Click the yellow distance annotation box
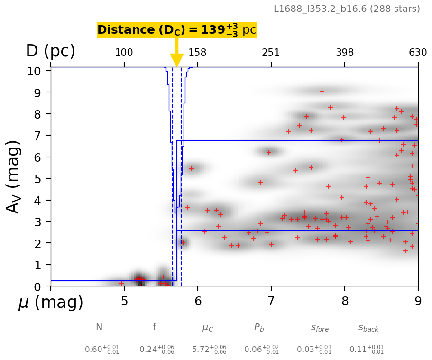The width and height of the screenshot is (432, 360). coord(176,30)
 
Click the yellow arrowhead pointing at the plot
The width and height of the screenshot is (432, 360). coord(177,60)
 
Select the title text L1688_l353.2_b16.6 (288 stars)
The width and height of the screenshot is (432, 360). coord(347,9)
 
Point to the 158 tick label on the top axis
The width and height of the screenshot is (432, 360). coord(197,52)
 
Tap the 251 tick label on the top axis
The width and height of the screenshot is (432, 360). coord(271,52)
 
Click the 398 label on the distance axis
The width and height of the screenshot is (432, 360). coord(345,52)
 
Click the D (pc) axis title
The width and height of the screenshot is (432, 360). coord(51,51)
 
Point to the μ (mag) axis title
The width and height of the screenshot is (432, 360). coord(51,303)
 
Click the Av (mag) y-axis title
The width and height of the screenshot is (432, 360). coord(14,176)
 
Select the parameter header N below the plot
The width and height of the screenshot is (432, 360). coord(99,327)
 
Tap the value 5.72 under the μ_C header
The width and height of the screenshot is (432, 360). coord(209,350)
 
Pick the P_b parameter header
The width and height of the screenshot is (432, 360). coord(259,327)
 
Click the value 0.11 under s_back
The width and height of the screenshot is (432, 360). coord(367,350)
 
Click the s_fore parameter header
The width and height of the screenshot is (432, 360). coord(320,328)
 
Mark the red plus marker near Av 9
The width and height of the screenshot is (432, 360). coord(322,92)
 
